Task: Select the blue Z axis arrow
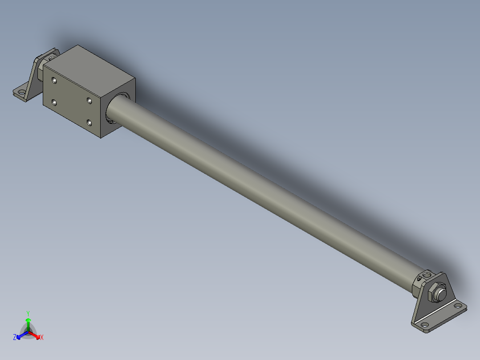click(20, 335)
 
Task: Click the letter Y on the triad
click(28, 313)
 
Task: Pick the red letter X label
click(42, 338)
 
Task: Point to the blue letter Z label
click(15, 338)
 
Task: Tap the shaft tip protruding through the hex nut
click(442, 294)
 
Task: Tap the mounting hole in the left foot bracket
click(20, 93)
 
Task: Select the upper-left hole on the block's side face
click(54, 81)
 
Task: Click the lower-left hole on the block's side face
click(54, 103)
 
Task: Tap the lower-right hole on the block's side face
click(89, 122)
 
